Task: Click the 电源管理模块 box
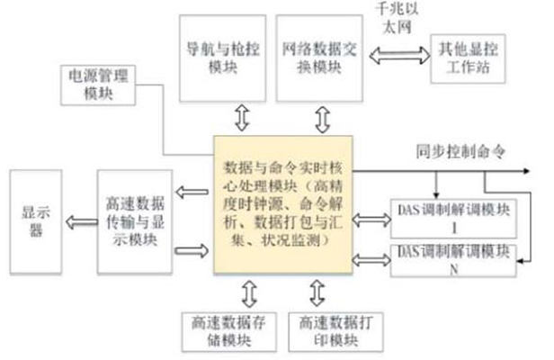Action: [95, 85]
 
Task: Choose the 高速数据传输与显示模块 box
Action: [133, 220]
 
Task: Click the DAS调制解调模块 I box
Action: [453, 217]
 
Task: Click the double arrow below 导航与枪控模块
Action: [242, 117]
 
